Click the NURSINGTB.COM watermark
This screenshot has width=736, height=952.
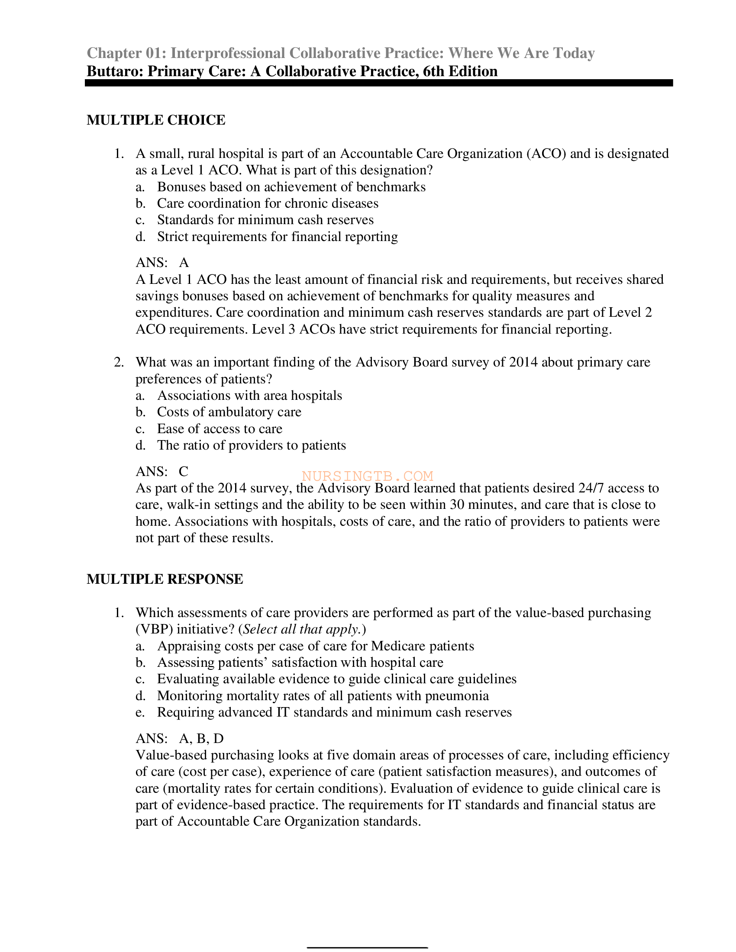[x=367, y=476]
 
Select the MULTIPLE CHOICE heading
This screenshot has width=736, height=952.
[x=156, y=120]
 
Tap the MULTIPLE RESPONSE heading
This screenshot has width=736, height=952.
[x=165, y=579]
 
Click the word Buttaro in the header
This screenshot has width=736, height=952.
[x=115, y=71]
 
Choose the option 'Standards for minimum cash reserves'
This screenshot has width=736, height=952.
[x=265, y=220]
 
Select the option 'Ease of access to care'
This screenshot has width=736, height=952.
[x=220, y=429]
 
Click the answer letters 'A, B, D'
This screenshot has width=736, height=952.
[x=201, y=738]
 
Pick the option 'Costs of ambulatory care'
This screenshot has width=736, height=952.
[x=229, y=412]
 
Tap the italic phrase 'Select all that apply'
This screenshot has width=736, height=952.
[x=301, y=630]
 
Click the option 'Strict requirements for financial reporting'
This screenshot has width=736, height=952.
[x=278, y=237]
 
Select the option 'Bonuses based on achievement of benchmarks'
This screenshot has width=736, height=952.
[x=291, y=187]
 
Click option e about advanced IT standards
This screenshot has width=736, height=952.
[x=334, y=712]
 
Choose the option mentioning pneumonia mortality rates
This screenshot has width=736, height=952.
[x=323, y=696]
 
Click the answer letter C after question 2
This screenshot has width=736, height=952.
[x=184, y=471]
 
